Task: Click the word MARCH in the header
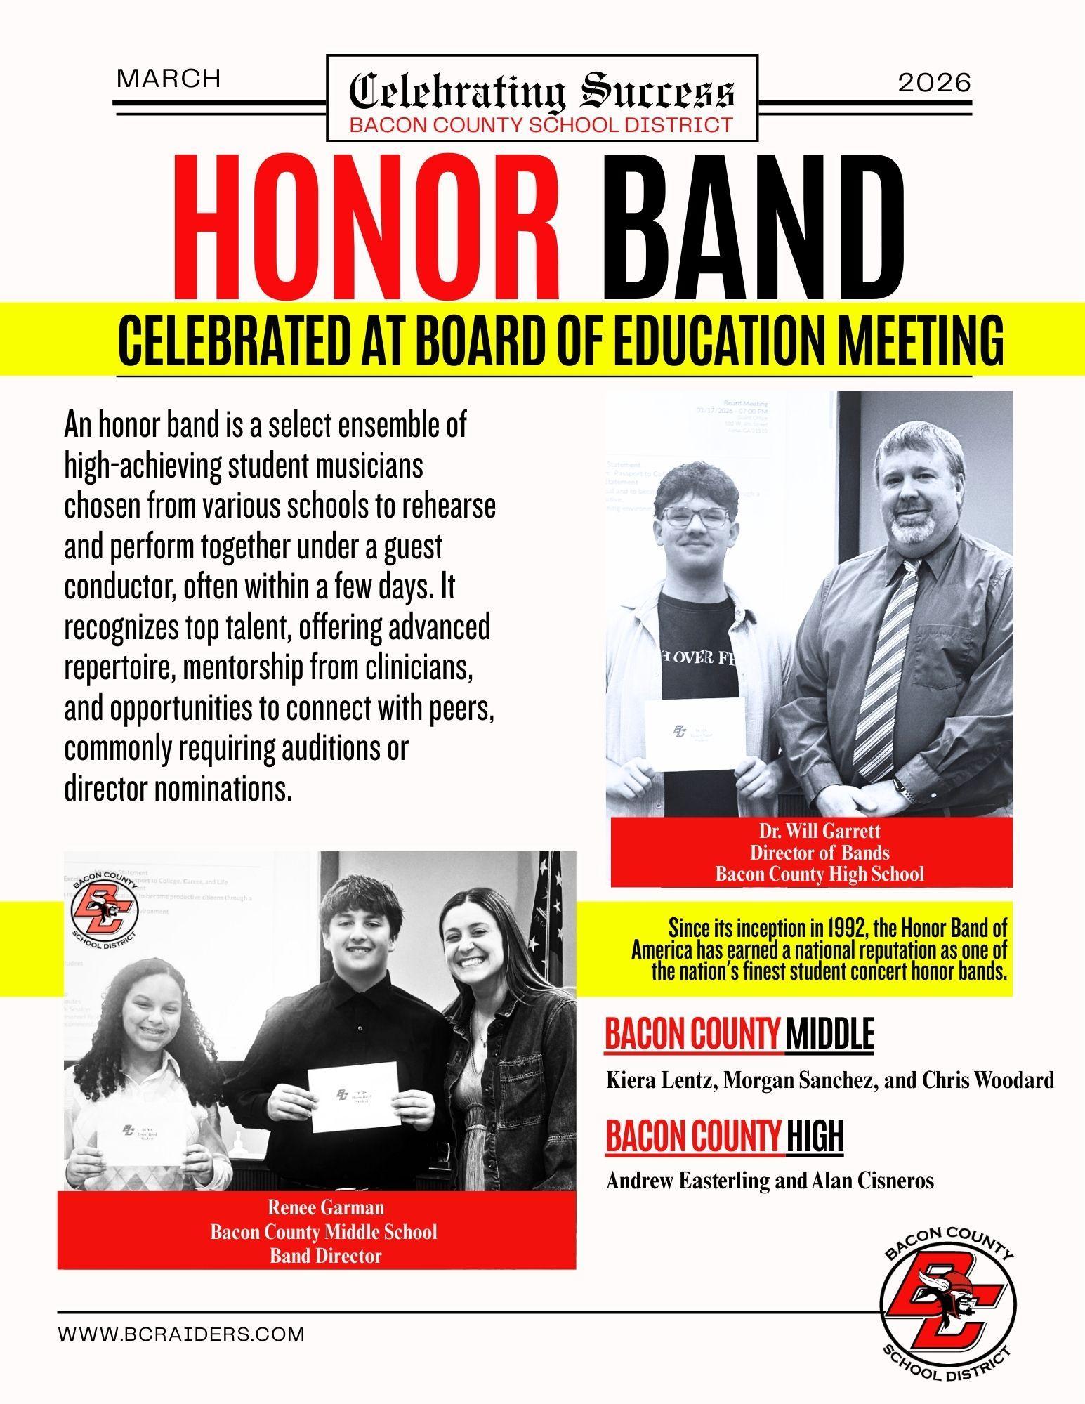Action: pos(169,79)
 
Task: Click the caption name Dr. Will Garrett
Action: pos(819,832)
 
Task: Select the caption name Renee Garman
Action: pos(326,1207)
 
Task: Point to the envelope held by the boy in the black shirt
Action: pos(354,1096)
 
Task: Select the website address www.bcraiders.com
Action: pos(181,1334)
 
